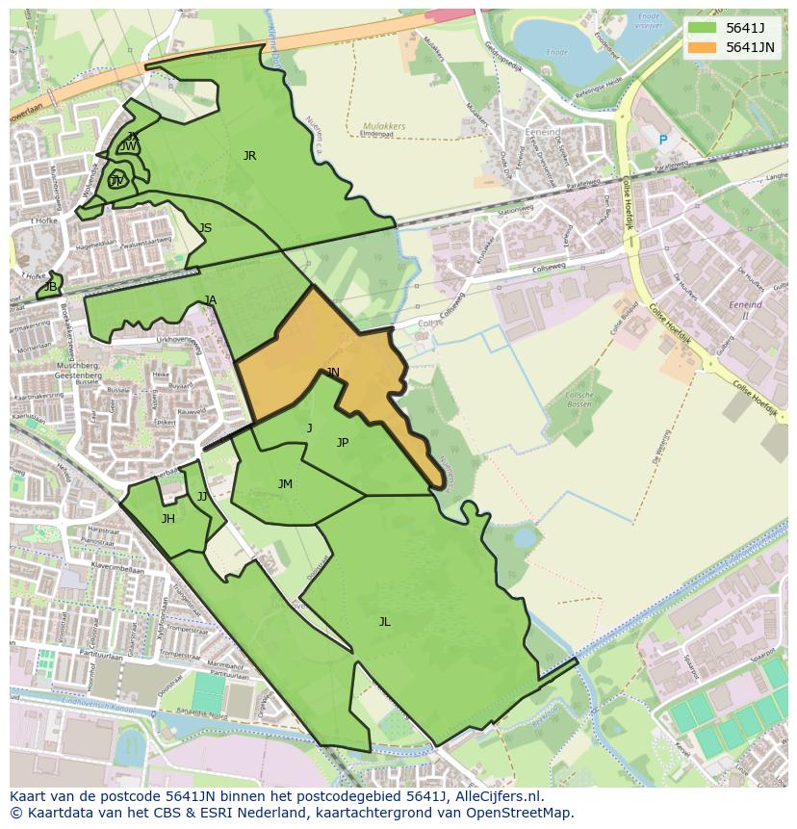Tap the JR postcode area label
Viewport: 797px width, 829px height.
pos(249,155)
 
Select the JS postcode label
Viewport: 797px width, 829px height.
pos(205,228)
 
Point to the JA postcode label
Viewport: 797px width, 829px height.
pos(210,300)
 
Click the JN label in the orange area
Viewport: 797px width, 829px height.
pos(332,372)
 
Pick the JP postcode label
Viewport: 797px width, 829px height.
pos(342,443)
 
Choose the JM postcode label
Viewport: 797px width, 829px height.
pos(285,484)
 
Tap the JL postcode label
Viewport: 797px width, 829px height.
pos(384,622)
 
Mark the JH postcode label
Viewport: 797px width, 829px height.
pos(167,519)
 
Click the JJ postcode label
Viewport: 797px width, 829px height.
pos(202,497)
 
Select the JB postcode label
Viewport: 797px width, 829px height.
pos(50,287)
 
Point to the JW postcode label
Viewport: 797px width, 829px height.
pos(128,146)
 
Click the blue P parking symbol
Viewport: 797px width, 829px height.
pos(662,141)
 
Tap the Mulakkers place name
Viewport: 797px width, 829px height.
pos(384,126)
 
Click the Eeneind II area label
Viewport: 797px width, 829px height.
pos(745,310)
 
